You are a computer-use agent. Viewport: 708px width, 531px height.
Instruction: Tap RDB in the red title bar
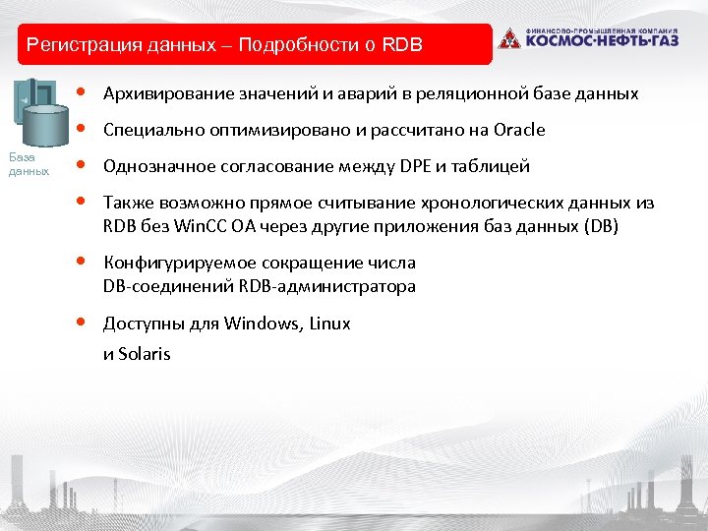(401, 44)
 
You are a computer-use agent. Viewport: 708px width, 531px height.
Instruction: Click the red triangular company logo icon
(508, 39)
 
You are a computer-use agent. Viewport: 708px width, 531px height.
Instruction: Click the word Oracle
(520, 131)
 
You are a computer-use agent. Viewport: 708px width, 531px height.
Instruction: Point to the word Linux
(329, 324)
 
